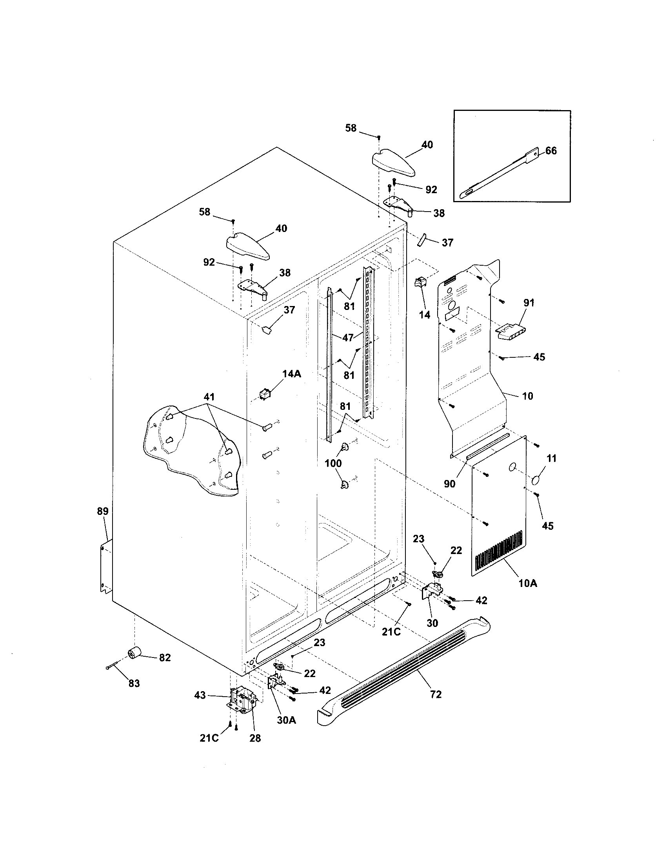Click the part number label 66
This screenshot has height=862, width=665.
click(x=551, y=151)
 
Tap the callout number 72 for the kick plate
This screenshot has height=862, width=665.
click(x=436, y=694)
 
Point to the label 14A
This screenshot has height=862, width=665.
click(x=291, y=374)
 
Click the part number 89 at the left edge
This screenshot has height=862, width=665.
click(x=102, y=511)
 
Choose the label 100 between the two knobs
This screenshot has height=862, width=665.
click(x=333, y=464)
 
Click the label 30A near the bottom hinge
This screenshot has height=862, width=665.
click(x=286, y=720)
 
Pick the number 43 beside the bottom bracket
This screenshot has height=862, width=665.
click(x=200, y=695)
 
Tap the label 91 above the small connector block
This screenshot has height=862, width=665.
click(x=529, y=303)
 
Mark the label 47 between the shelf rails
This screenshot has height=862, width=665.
click(x=347, y=338)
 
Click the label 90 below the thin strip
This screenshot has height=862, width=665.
click(x=449, y=484)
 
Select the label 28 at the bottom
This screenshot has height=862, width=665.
click(x=255, y=738)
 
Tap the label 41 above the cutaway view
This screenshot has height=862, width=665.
click(x=209, y=397)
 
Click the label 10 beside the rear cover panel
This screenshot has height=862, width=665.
click(x=528, y=396)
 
